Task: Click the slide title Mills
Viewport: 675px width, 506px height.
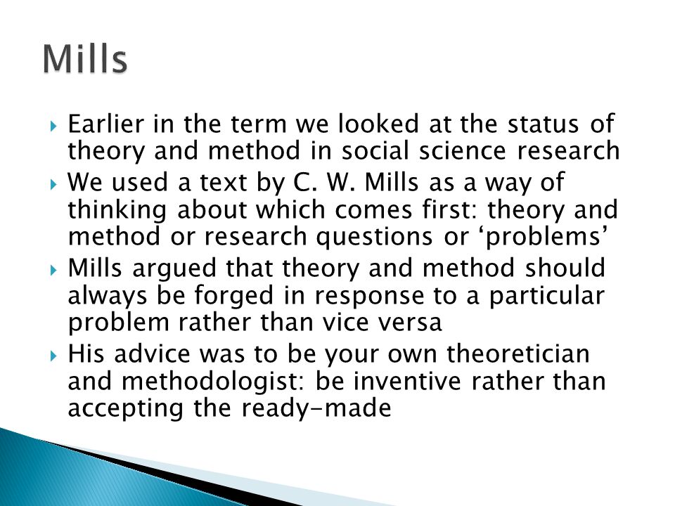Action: [85, 58]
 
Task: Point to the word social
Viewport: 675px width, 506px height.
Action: [375, 150]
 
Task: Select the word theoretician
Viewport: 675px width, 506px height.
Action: [518, 353]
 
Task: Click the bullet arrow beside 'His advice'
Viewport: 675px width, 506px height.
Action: [53, 356]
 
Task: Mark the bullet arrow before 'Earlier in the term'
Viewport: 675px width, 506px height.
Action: [53, 126]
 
